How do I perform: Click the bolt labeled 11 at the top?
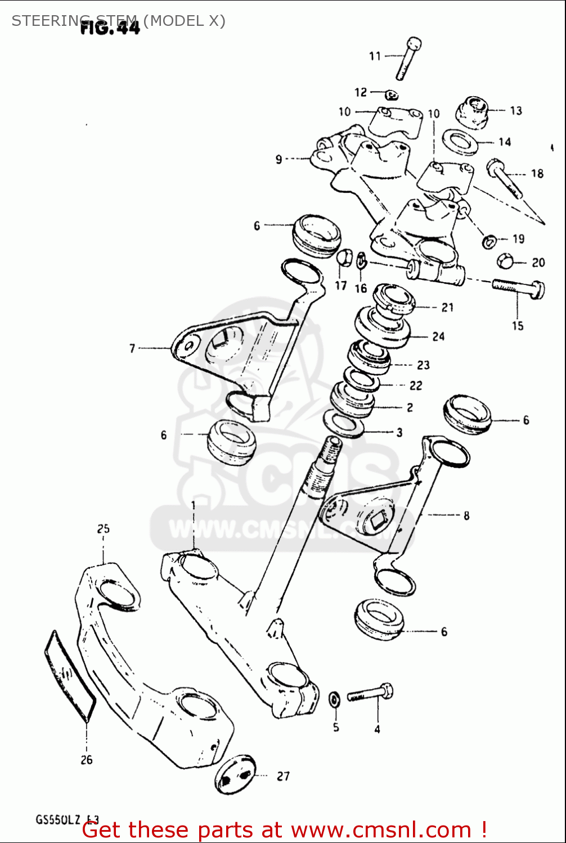coord(408,58)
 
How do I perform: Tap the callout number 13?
coord(516,111)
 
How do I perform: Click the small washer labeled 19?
coord(489,242)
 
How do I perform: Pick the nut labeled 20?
coord(505,261)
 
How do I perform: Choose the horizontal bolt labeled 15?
coord(518,288)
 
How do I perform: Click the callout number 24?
coord(438,337)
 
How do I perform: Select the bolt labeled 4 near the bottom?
coord(370,694)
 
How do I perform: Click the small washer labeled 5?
coord(334,700)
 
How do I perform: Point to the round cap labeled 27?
coord(235,774)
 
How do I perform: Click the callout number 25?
coord(103,529)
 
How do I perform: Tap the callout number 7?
coord(132,348)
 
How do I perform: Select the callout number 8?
coord(466,515)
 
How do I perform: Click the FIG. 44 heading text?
coord(110,26)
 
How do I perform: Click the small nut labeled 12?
coord(392,94)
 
